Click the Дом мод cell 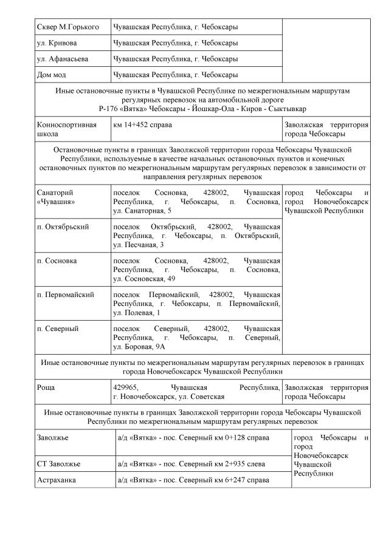pos(52,75)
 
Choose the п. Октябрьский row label pos(63,227)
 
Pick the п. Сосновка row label pos(57,261)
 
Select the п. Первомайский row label pos(66,295)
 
